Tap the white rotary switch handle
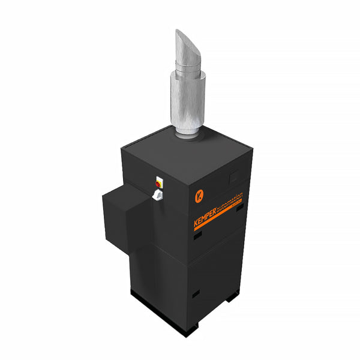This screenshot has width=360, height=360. coord(157,194)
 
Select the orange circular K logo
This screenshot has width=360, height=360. coord(199,196)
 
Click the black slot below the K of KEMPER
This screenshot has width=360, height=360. coord(197,236)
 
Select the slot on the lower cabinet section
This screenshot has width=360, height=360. coord(196,294)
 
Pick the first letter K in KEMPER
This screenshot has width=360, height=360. coord(196,224)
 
